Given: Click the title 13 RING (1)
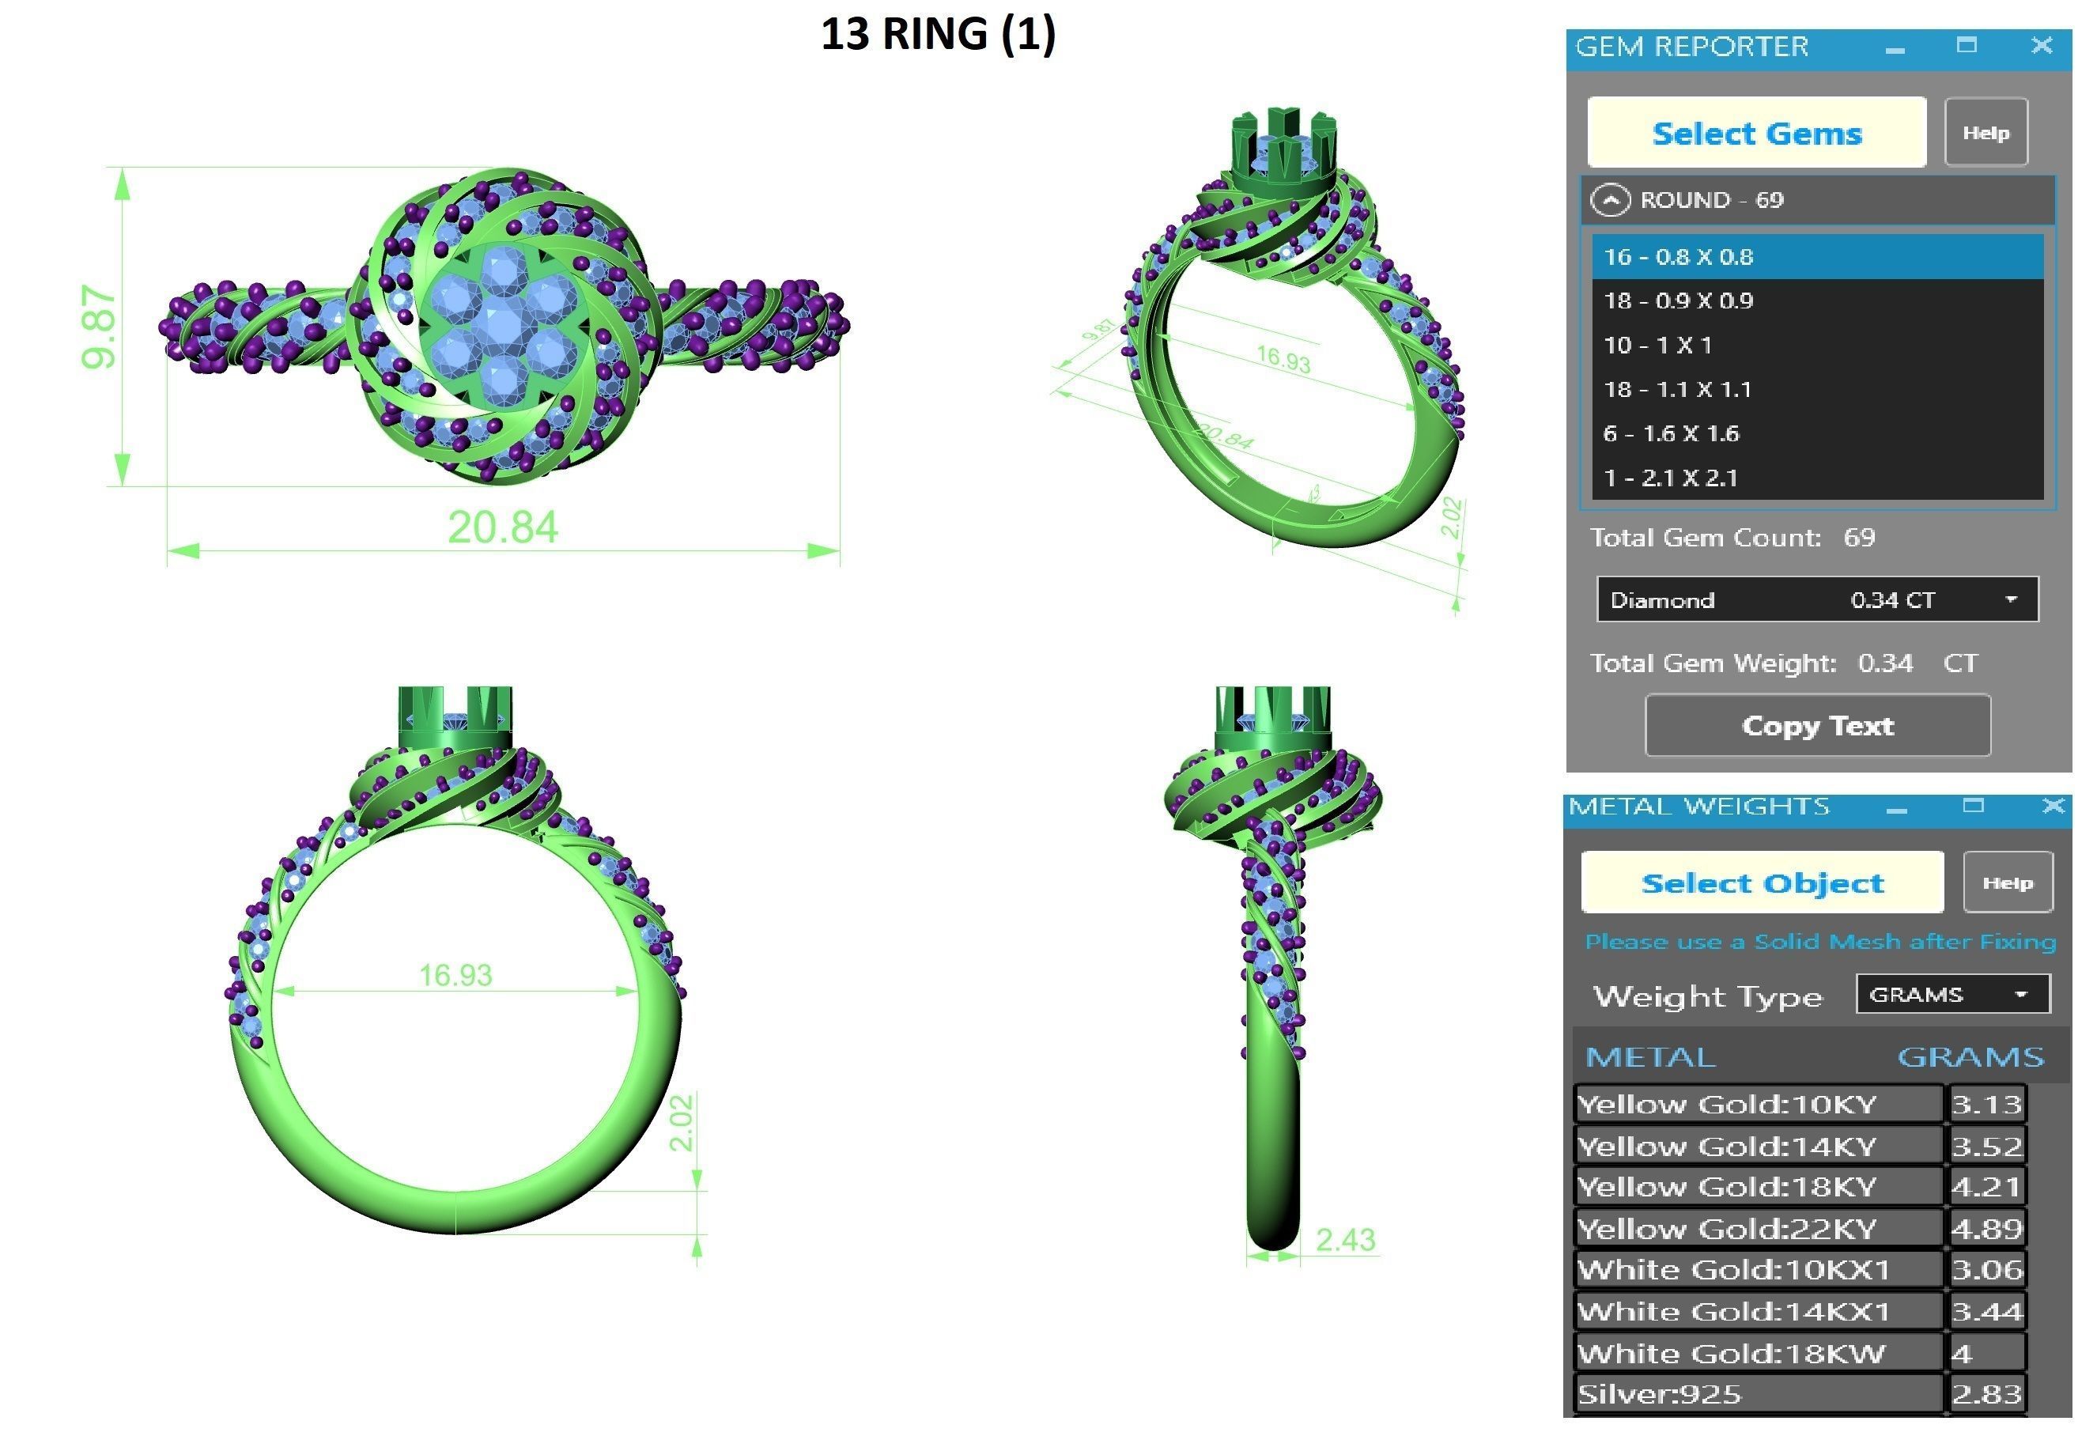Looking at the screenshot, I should tap(938, 34).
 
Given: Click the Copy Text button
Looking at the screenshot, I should tap(1816, 726).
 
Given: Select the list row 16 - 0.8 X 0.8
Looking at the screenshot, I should tap(1816, 256).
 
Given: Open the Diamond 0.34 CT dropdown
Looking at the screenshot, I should tap(2010, 599).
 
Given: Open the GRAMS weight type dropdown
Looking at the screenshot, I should tap(2020, 994).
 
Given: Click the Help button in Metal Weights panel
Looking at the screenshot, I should tap(2007, 882).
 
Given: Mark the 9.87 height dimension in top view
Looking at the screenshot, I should tap(98, 327).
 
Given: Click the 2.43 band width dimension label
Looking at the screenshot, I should tap(1344, 1240).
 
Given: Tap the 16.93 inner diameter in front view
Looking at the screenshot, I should tap(455, 975).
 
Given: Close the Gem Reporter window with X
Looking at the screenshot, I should tap(2041, 46).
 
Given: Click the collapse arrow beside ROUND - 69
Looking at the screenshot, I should tap(1611, 199).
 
